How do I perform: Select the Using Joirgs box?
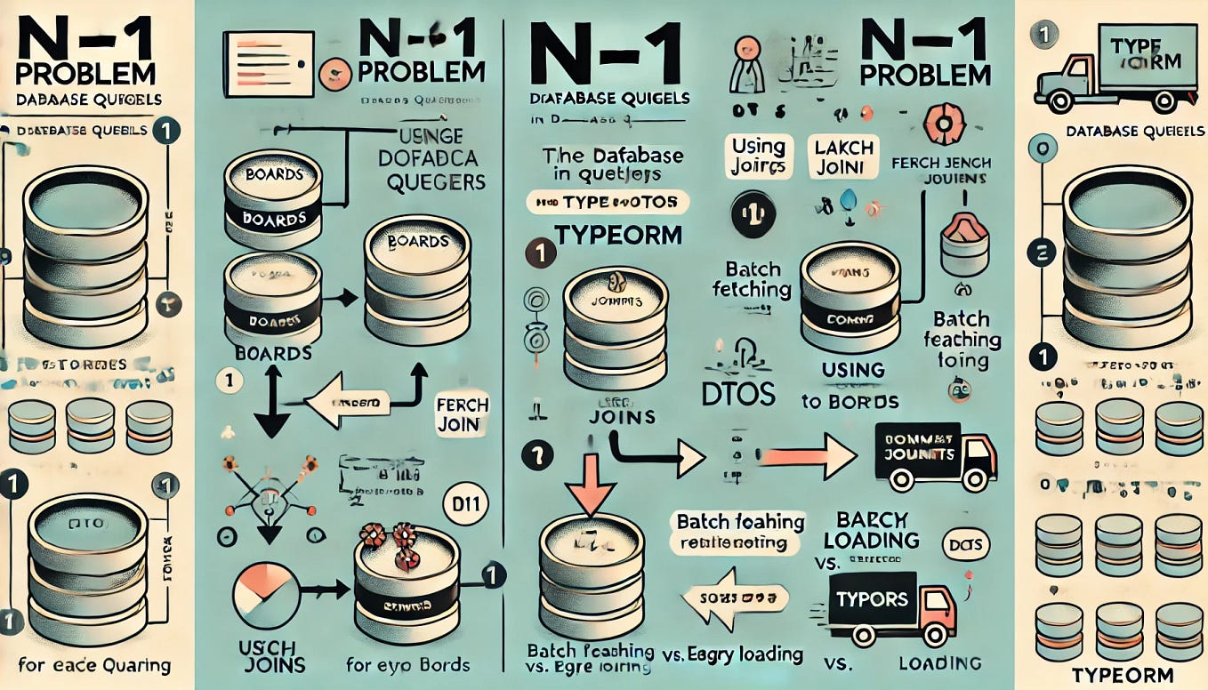[x=759, y=156]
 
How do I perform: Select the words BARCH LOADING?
[x=870, y=530]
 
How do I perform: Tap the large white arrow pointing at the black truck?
[x=803, y=454]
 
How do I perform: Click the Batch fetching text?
[x=753, y=278]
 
